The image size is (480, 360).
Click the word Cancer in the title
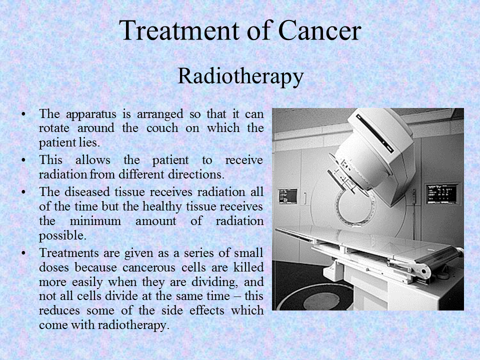pos(320,30)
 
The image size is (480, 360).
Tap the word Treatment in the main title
pos(179,30)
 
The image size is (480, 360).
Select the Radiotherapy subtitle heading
pos(240,76)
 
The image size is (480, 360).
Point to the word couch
pos(162,128)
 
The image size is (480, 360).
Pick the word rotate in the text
pos(54,128)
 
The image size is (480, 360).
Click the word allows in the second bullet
pos(93,160)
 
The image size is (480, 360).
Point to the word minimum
pos(95,221)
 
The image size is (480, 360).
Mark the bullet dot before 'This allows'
pos(23,160)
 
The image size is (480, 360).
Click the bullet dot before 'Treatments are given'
pos(23,253)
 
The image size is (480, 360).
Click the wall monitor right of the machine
pos(441,193)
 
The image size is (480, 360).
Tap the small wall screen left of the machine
pos(287,196)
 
